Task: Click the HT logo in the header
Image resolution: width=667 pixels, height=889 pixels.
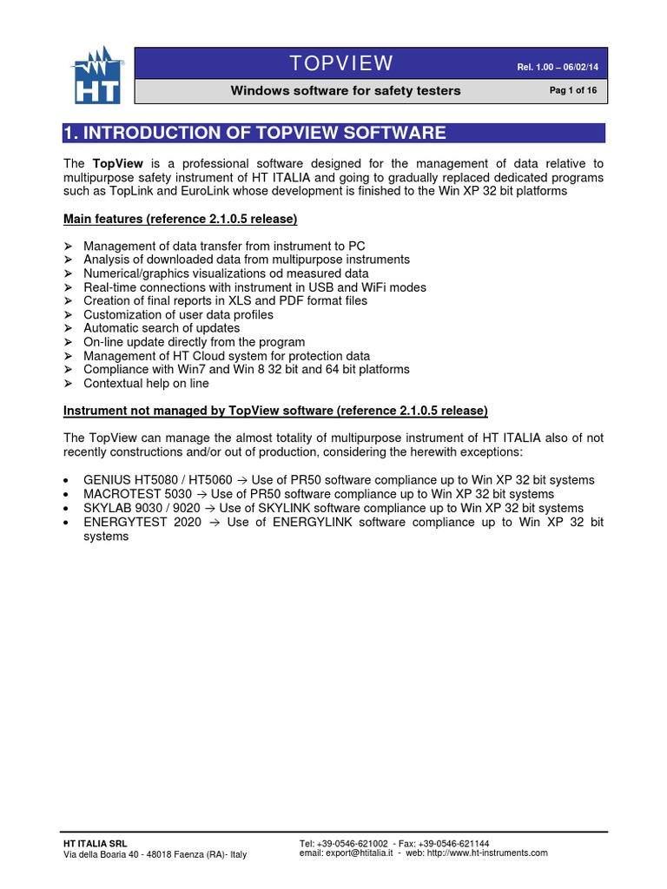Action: coord(97,76)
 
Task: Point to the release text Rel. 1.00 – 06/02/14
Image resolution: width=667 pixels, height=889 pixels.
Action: coord(550,66)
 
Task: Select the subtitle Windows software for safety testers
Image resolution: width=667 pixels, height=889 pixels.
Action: coord(345,91)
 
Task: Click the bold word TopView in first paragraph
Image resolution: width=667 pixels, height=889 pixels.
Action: coord(109,163)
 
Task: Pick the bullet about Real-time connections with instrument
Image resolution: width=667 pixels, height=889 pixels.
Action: coord(254,286)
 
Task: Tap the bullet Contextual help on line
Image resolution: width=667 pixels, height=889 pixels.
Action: coord(146,383)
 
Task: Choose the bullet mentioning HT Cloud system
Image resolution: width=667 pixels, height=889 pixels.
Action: coord(226,356)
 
